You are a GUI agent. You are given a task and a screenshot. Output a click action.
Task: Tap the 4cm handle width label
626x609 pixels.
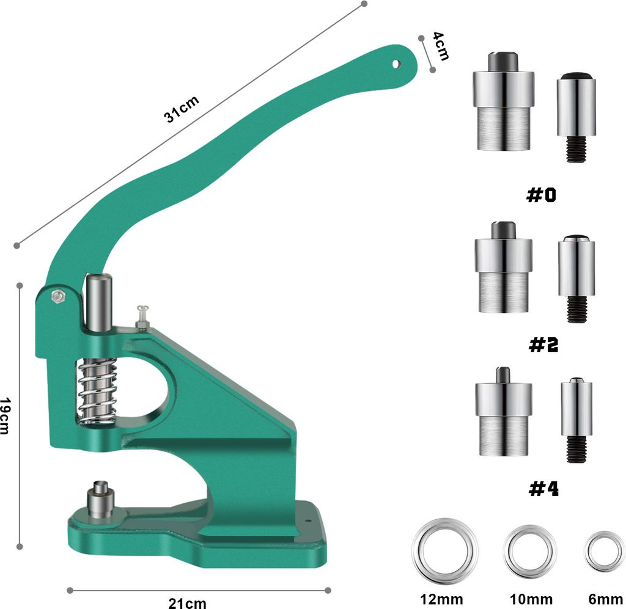[440, 46]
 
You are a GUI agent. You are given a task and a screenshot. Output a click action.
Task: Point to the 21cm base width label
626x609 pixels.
[188, 603]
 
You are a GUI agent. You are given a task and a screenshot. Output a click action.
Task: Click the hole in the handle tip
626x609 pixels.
[396, 63]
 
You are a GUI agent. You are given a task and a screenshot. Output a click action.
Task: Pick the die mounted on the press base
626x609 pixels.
[99, 499]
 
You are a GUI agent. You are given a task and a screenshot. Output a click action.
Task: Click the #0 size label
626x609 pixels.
[543, 195]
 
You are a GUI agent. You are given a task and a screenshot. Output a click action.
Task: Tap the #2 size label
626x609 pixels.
[543, 345]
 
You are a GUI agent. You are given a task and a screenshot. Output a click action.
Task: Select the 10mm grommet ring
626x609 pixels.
[529, 545]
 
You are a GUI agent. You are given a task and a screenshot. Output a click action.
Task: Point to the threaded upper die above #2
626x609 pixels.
[576, 278]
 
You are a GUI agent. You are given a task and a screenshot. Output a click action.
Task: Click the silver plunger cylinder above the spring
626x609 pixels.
[98, 302]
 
